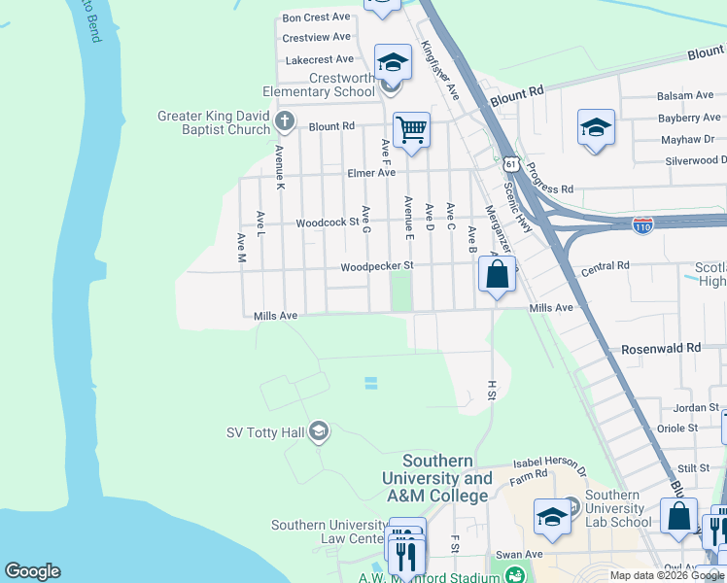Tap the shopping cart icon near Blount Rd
[411, 129]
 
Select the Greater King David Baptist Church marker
[284, 121]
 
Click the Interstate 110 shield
[642, 225]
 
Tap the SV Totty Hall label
[265, 432]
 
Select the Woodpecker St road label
[377, 266]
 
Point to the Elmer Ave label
[371, 172]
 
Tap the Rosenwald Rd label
[661, 347]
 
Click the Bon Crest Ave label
[316, 17]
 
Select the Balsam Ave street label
[685, 95]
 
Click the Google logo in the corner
[32, 571]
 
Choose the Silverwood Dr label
[696, 159]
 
